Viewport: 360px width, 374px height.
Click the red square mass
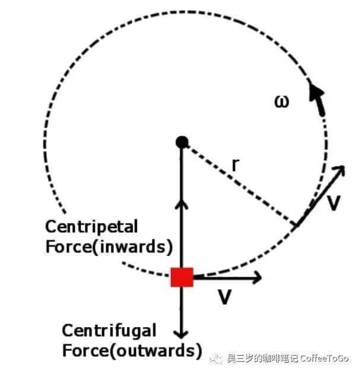click(182, 277)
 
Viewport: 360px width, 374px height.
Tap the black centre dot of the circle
click(182, 142)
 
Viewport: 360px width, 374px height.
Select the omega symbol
click(282, 101)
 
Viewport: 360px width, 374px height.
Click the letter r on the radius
click(235, 165)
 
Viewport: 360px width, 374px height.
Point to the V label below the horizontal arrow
click(225, 297)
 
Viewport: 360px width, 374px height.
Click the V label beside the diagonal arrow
click(333, 203)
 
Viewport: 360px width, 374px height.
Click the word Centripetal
click(92, 227)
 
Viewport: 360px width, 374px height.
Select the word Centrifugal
click(109, 331)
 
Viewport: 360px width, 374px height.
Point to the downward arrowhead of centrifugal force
click(181, 334)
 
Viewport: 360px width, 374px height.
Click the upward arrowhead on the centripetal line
click(181, 204)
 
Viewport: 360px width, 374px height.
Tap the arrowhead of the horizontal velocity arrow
click(257, 277)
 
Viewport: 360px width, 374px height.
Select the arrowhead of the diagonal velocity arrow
click(339, 170)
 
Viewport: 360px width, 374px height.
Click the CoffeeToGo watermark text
click(324, 358)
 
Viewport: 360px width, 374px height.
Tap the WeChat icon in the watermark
click(216, 359)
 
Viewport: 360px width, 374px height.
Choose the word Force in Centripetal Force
click(69, 247)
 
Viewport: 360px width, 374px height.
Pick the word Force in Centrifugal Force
click(86, 351)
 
